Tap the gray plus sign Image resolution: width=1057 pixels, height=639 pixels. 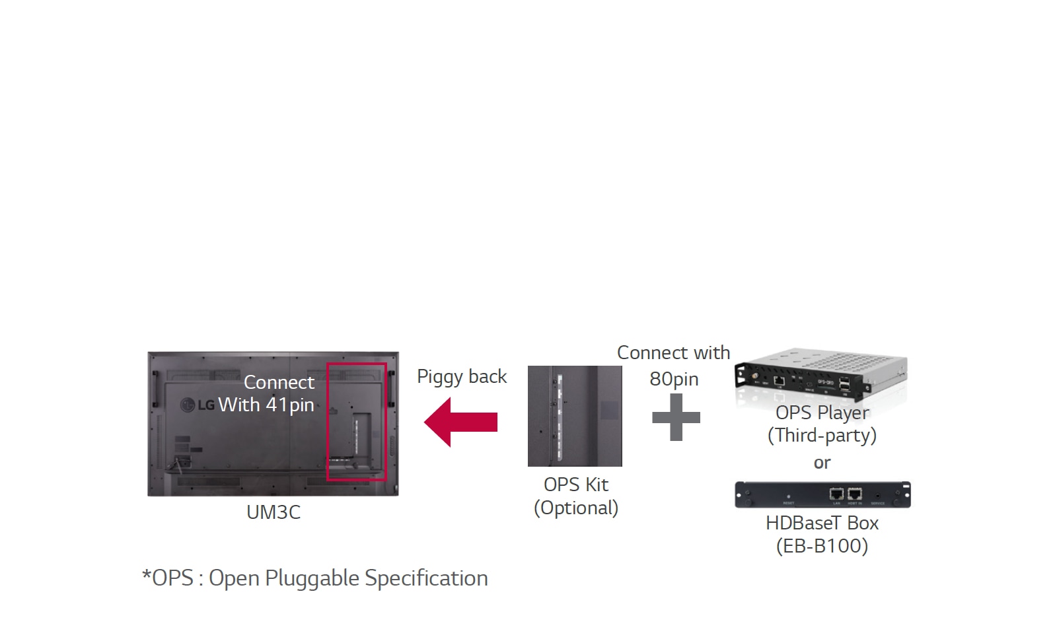676,417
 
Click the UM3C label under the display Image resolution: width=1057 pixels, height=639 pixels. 273,512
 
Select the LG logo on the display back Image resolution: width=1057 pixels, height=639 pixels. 198,404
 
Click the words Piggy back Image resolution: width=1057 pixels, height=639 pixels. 462,376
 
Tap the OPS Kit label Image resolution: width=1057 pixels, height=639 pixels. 575,485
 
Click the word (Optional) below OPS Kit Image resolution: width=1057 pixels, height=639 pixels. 575,508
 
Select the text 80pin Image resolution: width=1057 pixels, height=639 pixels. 674,379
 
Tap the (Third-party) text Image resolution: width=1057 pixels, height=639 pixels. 822,436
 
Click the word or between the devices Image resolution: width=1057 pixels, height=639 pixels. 822,463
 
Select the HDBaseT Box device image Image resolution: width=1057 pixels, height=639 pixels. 822,494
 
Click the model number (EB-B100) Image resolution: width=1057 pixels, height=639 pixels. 822,546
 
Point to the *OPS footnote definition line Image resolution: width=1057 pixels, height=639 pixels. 315,578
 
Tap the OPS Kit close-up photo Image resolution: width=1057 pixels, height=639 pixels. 575,416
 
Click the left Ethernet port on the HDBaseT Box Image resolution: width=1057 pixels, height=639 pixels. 836,494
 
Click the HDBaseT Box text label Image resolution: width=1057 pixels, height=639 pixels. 822,523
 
